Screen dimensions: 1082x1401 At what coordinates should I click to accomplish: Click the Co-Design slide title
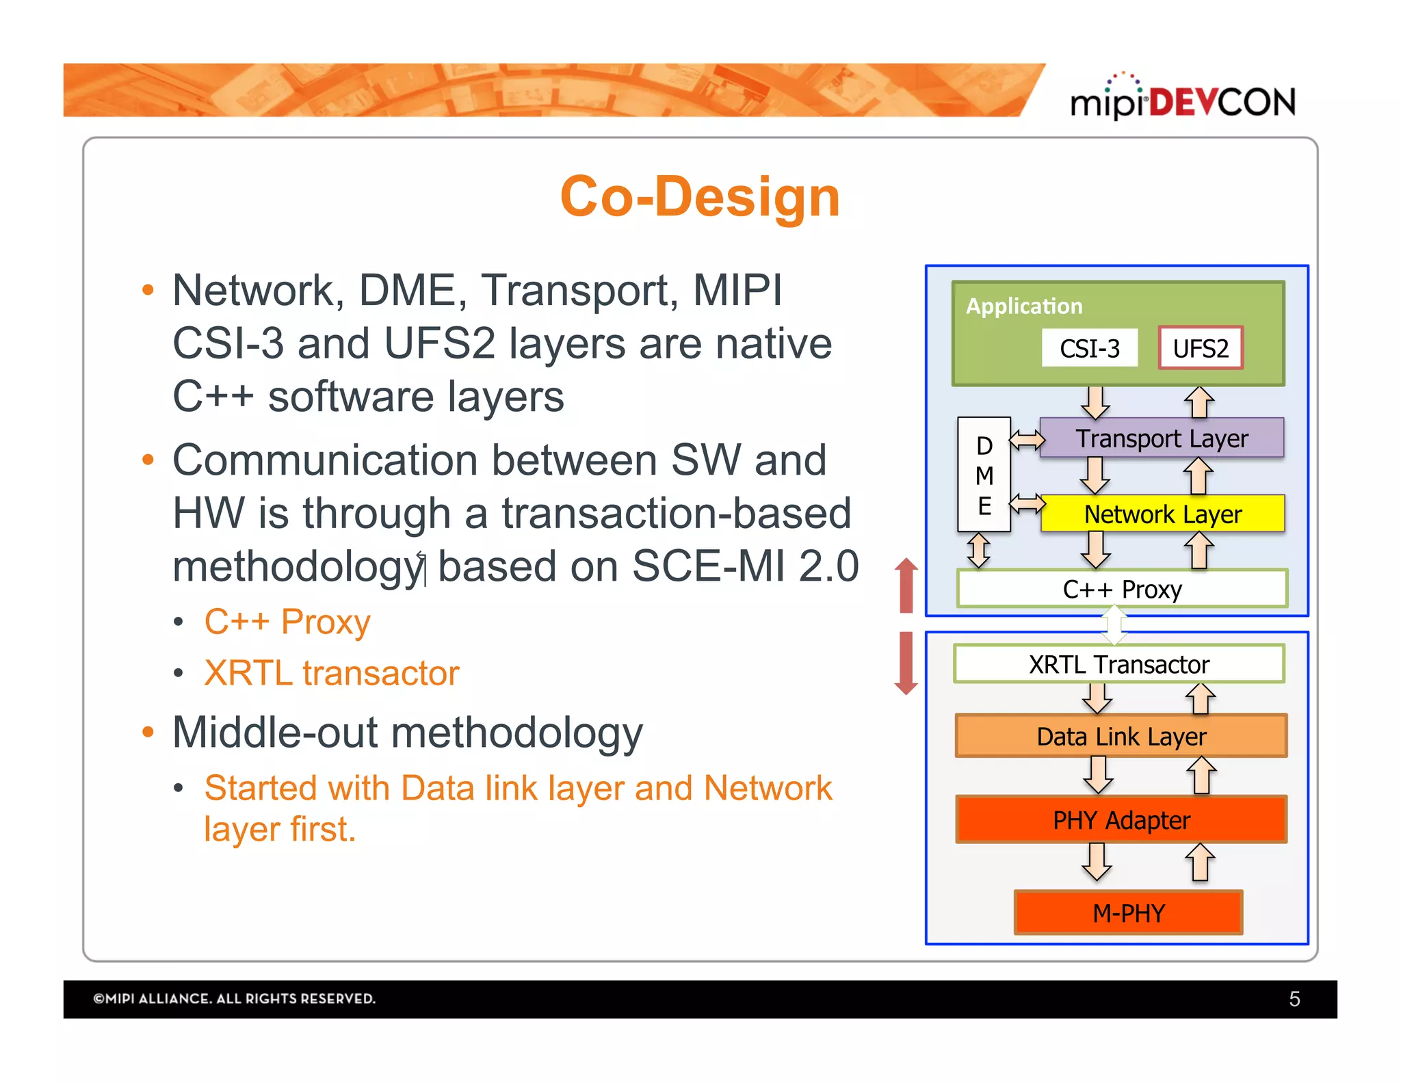[700, 197]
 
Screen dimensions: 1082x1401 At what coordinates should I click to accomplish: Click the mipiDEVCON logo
[1183, 100]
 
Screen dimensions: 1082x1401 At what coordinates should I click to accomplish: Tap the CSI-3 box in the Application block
[1089, 348]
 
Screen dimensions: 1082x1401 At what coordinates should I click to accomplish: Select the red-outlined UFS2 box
[1201, 348]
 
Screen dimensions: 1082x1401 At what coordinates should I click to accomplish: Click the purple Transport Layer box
[1162, 438]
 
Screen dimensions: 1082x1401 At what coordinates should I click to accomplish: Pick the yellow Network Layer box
[1162, 514]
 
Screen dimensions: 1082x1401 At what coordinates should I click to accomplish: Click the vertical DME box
[984, 475]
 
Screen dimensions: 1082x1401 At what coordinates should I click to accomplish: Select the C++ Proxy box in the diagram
[1122, 589]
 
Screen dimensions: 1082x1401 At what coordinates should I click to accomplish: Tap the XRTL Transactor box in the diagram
[1119, 664]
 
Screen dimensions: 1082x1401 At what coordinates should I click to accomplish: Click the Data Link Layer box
[1121, 737]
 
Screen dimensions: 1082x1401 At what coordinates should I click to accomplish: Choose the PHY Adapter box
[1121, 819]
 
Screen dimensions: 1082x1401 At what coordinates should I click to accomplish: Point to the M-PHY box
[1128, 913]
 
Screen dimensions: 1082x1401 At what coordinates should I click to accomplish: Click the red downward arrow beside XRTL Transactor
[906, 663]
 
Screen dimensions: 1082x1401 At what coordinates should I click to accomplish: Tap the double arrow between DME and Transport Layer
[1027, 439]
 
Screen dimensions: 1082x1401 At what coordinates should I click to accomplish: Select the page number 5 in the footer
[1294, 999]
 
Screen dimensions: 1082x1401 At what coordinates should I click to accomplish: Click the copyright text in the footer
[234, 999]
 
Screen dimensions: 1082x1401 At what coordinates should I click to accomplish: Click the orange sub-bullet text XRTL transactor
[332, 673]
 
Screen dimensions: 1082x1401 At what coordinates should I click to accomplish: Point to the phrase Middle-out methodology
[408, 733]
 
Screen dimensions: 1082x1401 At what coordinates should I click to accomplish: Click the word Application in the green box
[1023, 306]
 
